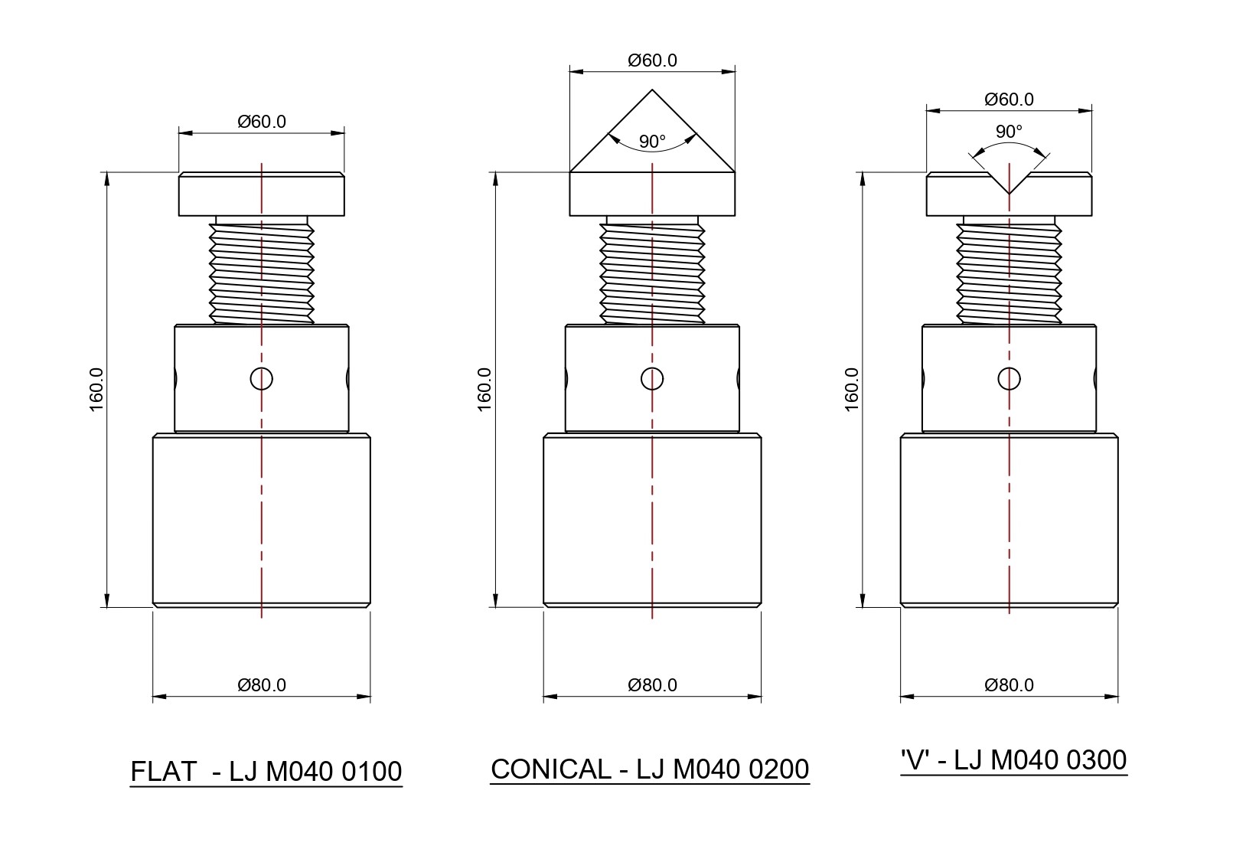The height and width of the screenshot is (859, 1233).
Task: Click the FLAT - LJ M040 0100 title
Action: pos(266,772)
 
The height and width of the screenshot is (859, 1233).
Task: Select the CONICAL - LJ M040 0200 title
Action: pos(650,769)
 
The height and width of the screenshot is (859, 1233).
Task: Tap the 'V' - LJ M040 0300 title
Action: pos(1014,760)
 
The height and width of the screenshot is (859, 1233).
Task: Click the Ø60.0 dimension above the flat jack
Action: pos(262,121)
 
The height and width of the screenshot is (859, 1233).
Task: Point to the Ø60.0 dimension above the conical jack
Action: pos(652,60)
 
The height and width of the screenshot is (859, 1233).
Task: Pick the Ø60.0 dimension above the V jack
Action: pos(1009,99)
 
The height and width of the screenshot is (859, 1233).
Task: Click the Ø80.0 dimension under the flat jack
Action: pos(262,685)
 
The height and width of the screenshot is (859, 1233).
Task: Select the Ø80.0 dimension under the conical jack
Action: pos(652,685)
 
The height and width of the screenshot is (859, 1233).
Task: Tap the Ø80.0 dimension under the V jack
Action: pos(1009,685)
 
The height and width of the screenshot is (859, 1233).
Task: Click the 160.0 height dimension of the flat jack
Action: pos(96,390)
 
